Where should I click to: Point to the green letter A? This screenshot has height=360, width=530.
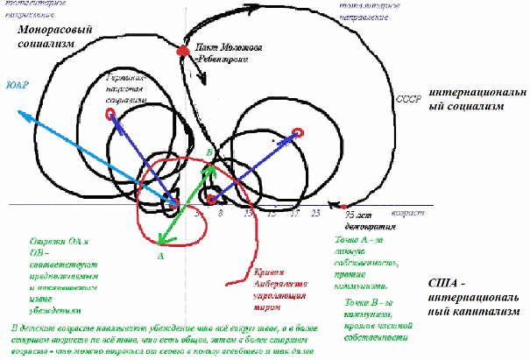coord(159,257)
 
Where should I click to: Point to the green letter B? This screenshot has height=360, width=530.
coord(208,154)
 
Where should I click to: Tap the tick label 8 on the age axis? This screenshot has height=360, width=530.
coord(221,213)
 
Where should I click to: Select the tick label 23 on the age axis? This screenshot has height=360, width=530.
coord(314,213)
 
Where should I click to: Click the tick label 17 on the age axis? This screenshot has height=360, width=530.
coord(295,213)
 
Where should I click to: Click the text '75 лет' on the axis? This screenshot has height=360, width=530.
coord(358,215)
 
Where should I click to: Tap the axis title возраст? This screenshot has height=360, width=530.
coord(408,212)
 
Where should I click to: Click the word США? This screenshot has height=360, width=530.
coord(450,283)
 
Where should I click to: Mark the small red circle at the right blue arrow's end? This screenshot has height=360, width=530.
coord(297,132)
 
